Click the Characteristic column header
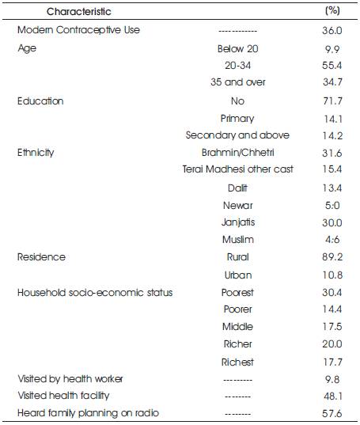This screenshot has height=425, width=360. coord(79,12)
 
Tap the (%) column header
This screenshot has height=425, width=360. coord(332,10)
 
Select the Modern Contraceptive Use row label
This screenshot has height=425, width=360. coord(78,30)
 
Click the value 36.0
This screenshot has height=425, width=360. coord(332,30)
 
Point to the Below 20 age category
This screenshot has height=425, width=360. coord(238,49)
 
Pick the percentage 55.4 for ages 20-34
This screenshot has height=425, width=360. coord(332,66)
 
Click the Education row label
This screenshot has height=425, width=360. coord(40,101)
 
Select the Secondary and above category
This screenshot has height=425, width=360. coord(237,135)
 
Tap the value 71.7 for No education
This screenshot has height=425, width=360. coord(332,101)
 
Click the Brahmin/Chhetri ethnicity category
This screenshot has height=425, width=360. coord(238,153)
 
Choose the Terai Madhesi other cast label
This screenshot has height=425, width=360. coord(238,169)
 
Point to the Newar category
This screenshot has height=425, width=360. coord(238,206)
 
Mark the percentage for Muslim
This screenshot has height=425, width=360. coord(332,240)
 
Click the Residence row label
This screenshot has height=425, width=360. coord(41,257)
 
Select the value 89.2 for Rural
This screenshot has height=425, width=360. coord(332,256)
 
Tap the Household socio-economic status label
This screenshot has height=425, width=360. coord(95,293)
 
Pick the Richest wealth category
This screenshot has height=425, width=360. coord(237,362)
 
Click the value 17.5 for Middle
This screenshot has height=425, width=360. coord(332,327)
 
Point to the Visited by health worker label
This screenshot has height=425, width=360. coord(70,379)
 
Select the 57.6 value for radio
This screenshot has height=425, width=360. coord(332,414)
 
